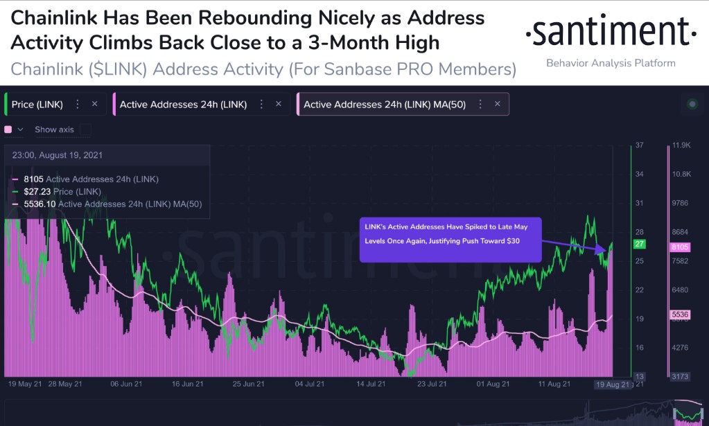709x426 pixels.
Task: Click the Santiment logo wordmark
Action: click(x=611, y=31)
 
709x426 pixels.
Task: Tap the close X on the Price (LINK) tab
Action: click(x=94, y=104)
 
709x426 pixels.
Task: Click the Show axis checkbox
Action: click(x=85, y=130)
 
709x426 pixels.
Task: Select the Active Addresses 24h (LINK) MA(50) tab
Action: click(x=384, y=104)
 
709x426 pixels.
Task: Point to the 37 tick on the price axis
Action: click(x=639, y=145)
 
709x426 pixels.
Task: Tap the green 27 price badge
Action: click(x=640, y=244)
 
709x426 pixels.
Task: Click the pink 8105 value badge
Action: click(x=682, y=247)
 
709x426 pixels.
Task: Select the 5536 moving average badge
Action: click(x=682, y=315)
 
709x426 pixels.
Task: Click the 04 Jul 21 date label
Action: click(x=310, y=384)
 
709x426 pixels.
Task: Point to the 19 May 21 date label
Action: click(x=25, y=384)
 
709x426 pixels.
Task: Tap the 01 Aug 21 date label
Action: click(x=493, y=384)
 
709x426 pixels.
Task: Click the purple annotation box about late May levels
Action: click(x=450, y=240)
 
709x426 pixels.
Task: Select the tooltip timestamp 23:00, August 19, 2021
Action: click(x=58, y=155)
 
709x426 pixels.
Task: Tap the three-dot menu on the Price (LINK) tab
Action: click(x=78, y=104)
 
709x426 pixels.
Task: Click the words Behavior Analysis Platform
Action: click(x=611, y=63)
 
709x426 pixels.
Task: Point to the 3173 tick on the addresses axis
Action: click(x=681, y=376)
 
